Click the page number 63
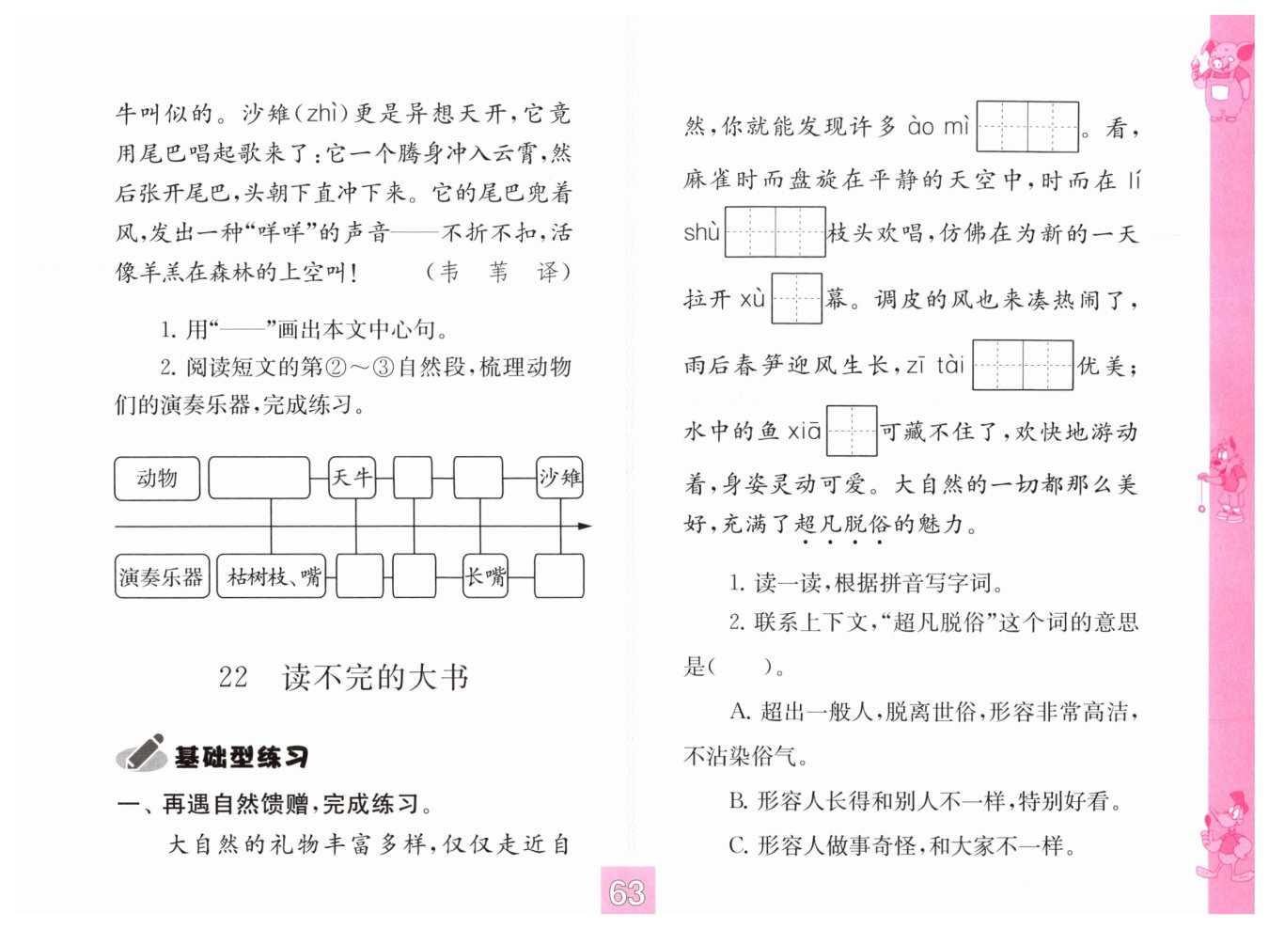click(x=627, y=892)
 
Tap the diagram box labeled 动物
click(x=157, y=479)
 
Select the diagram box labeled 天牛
click(x=352, y=479)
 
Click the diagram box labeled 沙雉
click(x=560, y=479)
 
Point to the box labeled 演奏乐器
click(x=161, y=577)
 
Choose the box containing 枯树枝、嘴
click(x=274, y=577)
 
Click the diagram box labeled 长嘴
click(x=486, y=577)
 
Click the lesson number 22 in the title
click(x=233, y=677)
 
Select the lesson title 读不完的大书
click(x=375, y=677)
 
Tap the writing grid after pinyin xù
click(x=796, y=299)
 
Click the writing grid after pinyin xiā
click(x=851, y=432)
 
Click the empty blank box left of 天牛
click(x=258, y=479)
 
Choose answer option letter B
click(x=738, y=802)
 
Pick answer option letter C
click(x=738, y=846)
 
